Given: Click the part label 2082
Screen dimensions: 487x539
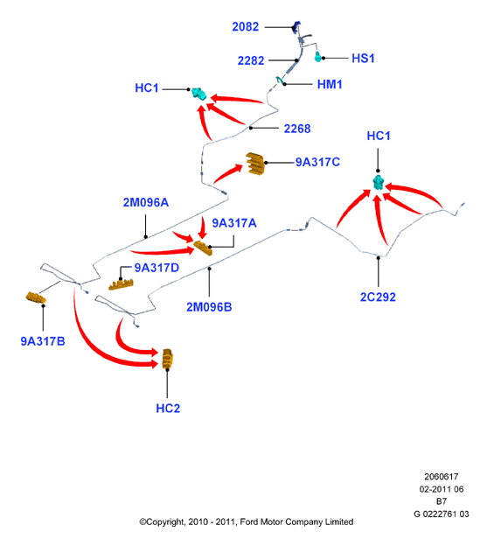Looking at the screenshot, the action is [245, 27].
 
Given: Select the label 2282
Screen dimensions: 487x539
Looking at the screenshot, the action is [251, 61].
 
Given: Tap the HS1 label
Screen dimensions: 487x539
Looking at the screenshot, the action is [363, 59].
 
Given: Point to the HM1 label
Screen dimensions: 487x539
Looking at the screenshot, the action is [330, 85].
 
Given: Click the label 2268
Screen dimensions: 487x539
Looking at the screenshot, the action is [297, 129].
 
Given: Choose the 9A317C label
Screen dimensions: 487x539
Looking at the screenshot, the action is [317, 162].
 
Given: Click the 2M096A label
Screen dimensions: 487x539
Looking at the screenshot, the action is [146, 202].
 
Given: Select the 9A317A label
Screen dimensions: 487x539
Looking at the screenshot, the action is [234, 223].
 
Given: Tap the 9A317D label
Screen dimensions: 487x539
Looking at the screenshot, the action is [157, 268].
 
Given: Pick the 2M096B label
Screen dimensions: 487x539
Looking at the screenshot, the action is [209, 307].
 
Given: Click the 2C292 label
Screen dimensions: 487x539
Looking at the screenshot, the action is [378, 297].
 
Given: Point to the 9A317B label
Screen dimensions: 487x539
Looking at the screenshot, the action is [43, 341].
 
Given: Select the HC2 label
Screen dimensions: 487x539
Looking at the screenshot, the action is [168, 409].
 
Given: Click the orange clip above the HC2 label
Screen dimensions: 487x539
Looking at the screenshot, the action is [168, 359].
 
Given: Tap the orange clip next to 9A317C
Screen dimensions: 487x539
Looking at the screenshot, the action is [255, 164].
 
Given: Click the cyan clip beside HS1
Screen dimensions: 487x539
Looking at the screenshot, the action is [318, 57].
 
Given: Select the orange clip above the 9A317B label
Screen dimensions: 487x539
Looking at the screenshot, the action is [36, 297].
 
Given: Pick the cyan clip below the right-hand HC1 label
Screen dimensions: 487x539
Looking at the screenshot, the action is [378, 183].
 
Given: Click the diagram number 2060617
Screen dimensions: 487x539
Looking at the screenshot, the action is [442, 477].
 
